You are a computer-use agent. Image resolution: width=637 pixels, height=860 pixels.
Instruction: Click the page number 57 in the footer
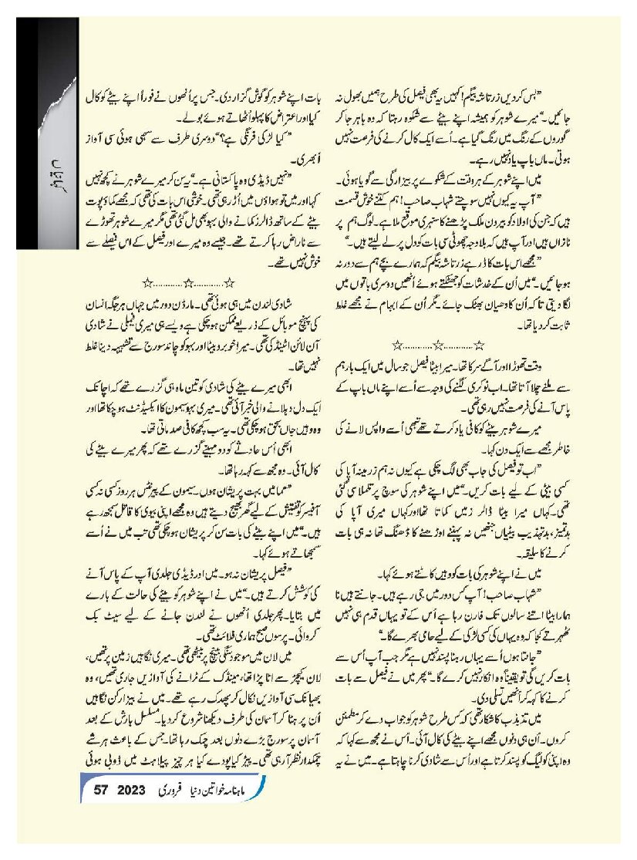tap(103, 793)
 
